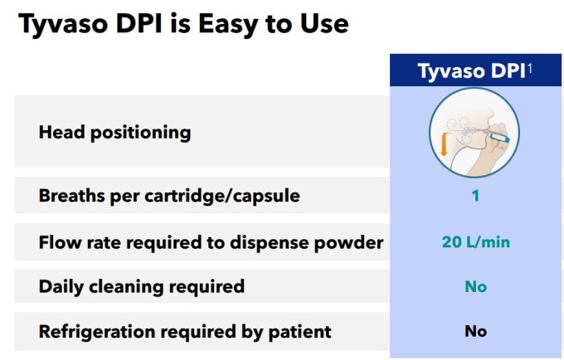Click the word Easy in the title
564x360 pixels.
click(x=228, y=24)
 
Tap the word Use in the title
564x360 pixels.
click(x=324, y=24)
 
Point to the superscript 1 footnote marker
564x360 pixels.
click(x=529, y=69)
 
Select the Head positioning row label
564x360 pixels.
click(x=114, y=133)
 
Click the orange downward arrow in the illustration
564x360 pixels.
click(x=445, y=144)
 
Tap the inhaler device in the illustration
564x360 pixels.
click(x=499, y=137)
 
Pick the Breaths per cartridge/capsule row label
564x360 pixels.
click(x=169, y=197)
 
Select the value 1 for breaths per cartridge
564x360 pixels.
click(x=475, y=196)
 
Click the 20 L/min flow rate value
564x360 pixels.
click(x=475, y=242)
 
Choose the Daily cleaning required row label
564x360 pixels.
click(x=142, y=287)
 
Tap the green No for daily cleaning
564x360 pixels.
click(x=475, y=287)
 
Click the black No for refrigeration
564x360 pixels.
click(x=475, y=331)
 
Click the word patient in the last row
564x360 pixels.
click(x=300, y=332)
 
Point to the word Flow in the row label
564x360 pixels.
click(x=60, y=242)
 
